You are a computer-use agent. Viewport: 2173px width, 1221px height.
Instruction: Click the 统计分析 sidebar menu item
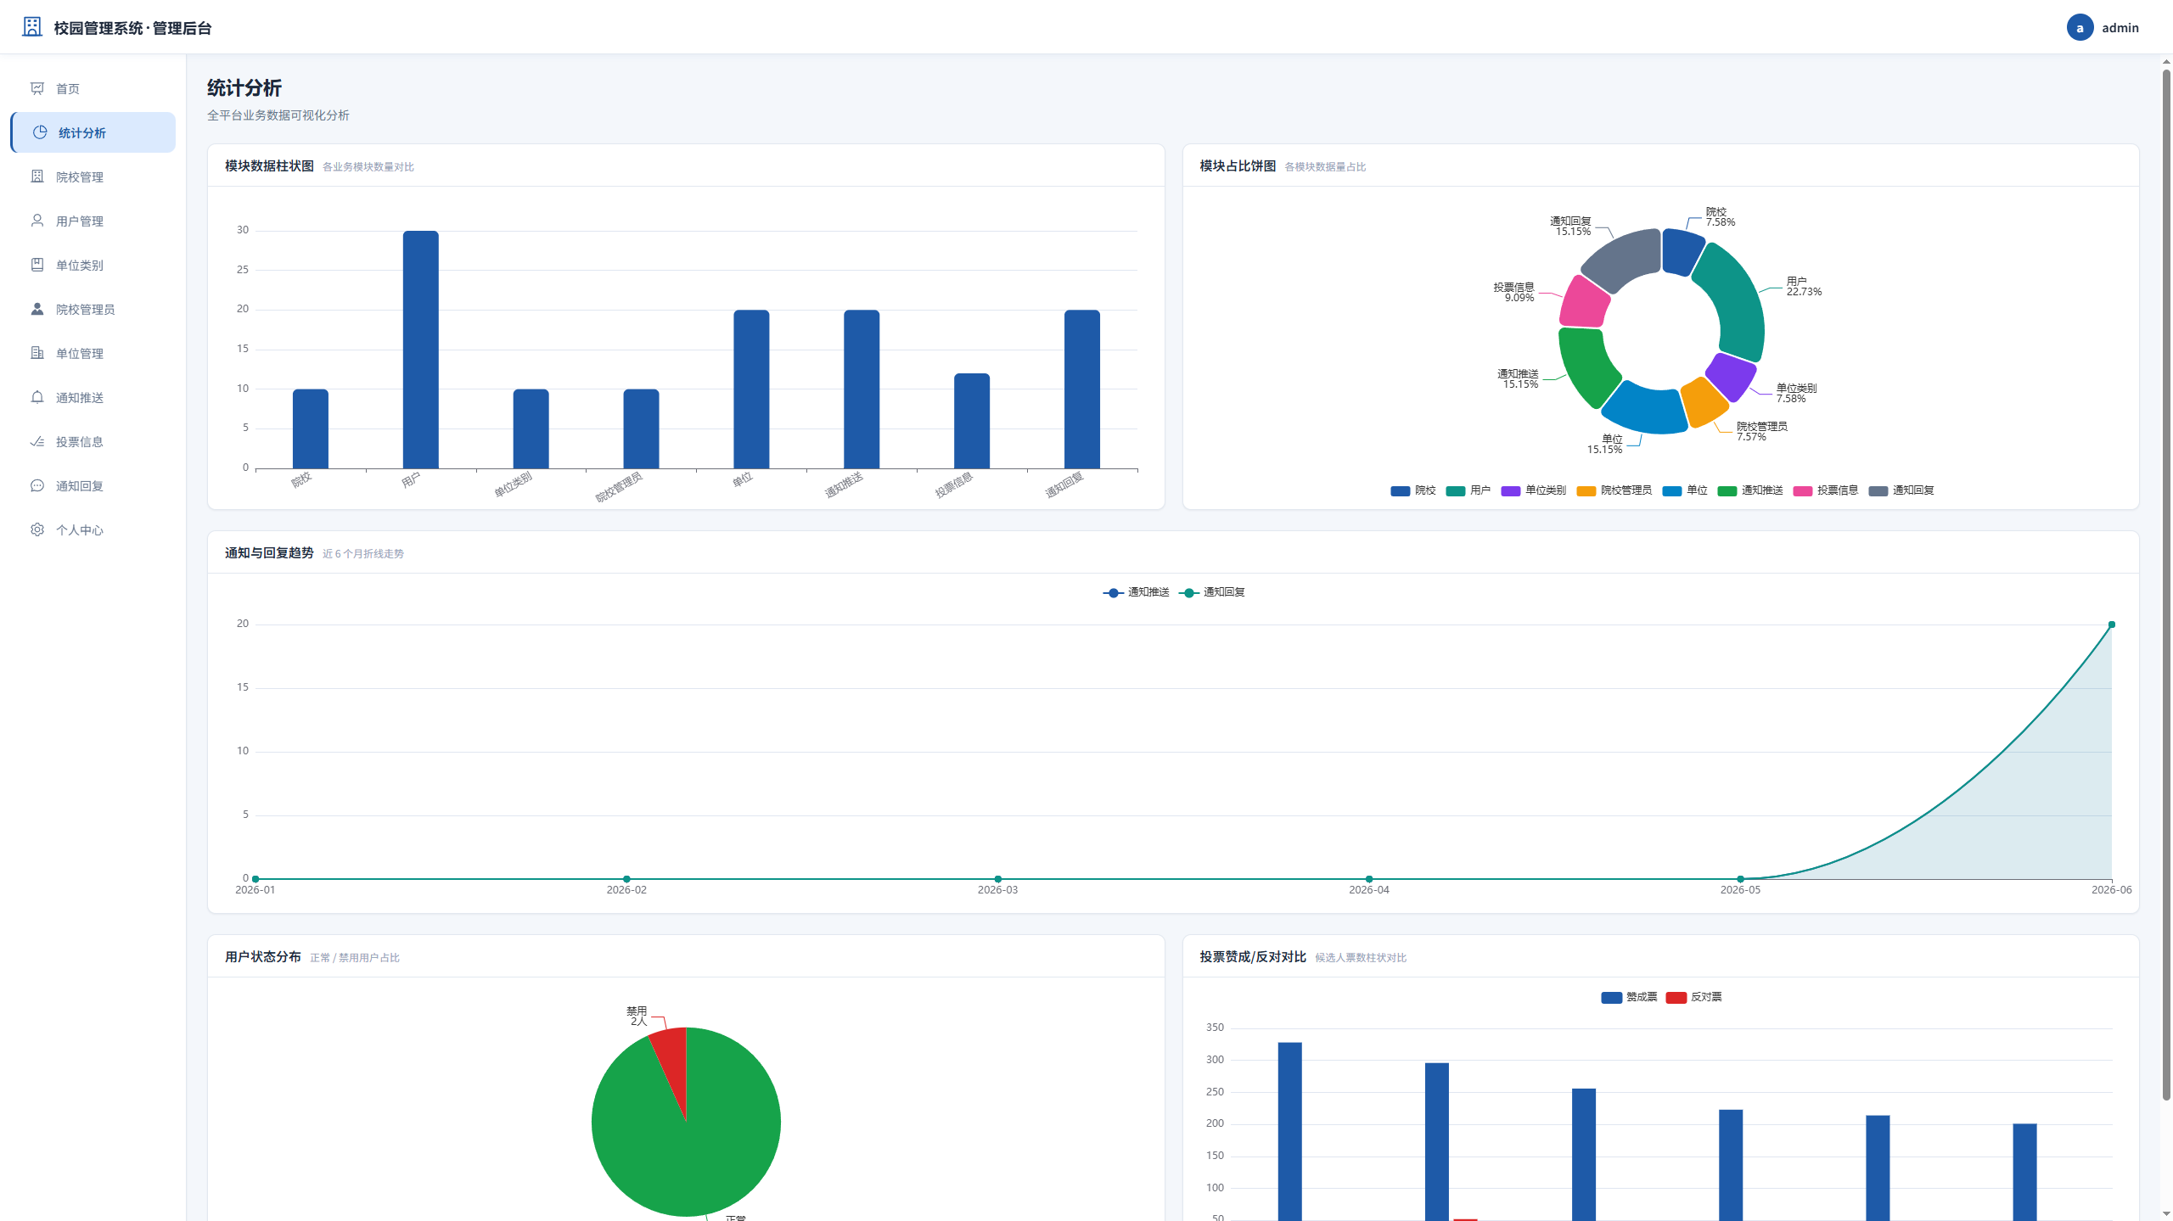(93, 132)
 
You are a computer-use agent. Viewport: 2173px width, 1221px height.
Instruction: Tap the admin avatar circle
(2080, 27)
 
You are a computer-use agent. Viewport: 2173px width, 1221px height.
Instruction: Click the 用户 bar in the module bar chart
(421, 349)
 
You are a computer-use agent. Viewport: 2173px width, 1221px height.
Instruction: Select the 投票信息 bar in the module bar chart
(972, 421)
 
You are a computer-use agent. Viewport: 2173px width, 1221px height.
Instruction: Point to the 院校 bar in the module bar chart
(311, 428)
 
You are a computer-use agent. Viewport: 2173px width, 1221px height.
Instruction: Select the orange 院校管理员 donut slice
(1704, 402)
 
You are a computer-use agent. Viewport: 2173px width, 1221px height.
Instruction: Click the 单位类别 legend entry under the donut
(1534, 490)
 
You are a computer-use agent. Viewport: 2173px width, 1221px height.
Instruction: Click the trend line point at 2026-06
(2112, 625)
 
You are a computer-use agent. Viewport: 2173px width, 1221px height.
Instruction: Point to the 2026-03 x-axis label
(997, 890)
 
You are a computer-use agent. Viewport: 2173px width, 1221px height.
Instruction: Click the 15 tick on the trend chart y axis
(243, 687)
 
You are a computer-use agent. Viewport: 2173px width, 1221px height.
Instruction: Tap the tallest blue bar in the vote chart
(1290, 1131)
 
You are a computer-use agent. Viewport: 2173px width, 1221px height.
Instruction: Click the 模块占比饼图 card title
(1238, 166)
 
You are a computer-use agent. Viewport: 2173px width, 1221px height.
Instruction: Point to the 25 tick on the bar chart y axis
(243, 270)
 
